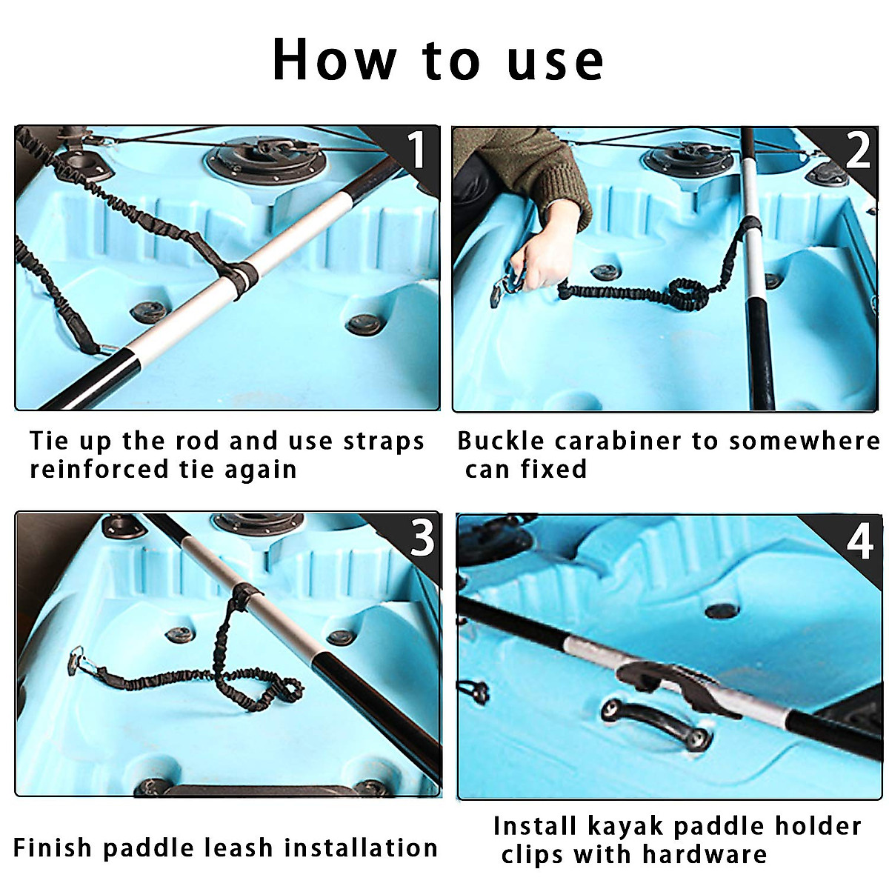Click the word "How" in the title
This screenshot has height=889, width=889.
tap(334, 59)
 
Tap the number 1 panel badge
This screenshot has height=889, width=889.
tap(416, 150)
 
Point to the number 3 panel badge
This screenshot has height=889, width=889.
tap(422, 538)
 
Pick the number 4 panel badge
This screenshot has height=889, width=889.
tap(859, 542)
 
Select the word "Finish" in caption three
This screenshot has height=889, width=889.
tap(53, 848)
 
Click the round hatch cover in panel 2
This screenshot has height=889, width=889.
tap(689, 158)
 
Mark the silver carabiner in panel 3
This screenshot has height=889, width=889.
tap(80, 659)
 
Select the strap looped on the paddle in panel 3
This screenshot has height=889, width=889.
tap(244, 593)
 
